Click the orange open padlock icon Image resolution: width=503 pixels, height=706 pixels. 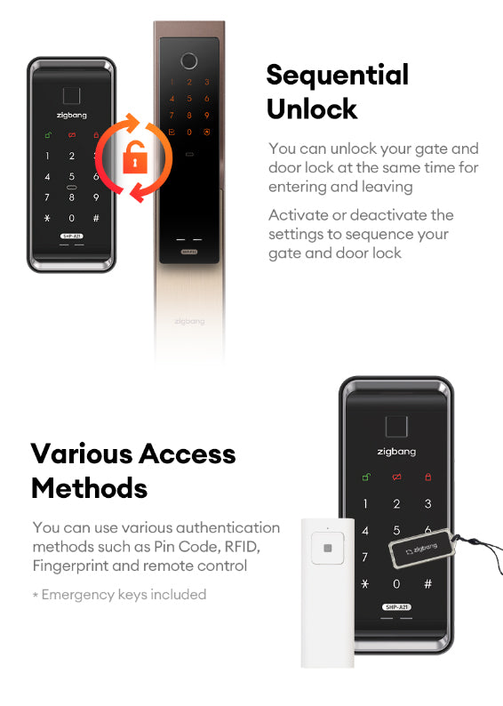pyautogui.click(x=135, y=157)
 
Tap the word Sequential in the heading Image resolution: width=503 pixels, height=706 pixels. pyautogui.click(x=338, y=75)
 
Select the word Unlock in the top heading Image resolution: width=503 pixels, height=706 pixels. pyautogui.click(x=312, y=108)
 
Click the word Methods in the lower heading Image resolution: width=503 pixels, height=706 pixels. pyautogui.click(x=90, y=488)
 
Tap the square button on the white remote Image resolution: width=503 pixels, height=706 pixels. pyautogui.click(x=328, y=548)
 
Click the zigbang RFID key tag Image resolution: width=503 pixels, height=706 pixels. pyautogui.click(x=422, y=549)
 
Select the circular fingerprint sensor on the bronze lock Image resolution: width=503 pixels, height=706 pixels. pyautogui.click(x=189, y=60)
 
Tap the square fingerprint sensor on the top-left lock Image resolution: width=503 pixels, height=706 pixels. pyautogui.click(x=71, y=95)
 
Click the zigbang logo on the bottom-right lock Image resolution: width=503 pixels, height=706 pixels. pyautogui.click(x=396, y=452)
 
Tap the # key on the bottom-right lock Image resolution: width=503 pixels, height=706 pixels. pyautogui.click(x=427, y=584)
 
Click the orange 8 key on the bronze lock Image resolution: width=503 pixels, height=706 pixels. pyautogui.click(x=189, y=116)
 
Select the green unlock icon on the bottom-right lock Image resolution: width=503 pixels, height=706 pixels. pyautogui.click(x=366, y=477)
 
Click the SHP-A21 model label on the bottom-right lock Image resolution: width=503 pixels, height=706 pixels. pyautogui.click(x=396, y=607)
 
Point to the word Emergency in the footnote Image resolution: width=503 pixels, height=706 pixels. pyautogui.click(x=78, y=595)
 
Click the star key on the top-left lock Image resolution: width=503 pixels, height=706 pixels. pyautogui.click(x=47, y=219)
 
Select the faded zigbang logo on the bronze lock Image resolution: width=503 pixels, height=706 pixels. pyautogui.click(x=189, y=322)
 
